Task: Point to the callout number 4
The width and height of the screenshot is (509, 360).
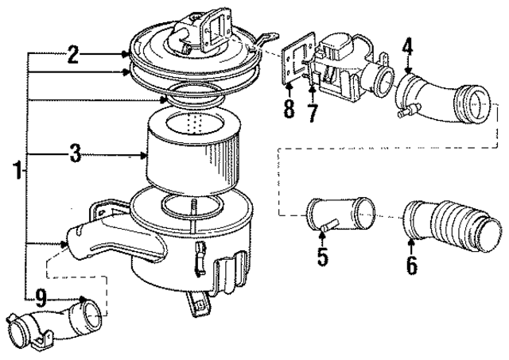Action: coord(406,48)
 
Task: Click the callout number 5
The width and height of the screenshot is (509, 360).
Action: coord(322,257)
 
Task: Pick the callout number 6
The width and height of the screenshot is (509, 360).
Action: coord(411,265)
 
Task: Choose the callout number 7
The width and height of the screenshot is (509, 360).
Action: coord(313,114)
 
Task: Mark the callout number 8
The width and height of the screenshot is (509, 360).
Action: coord(289,109)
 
